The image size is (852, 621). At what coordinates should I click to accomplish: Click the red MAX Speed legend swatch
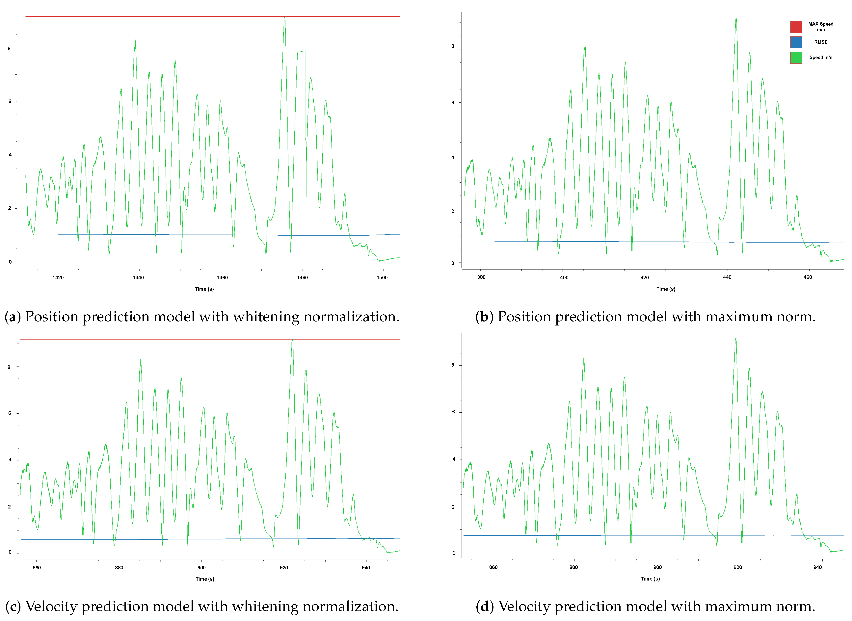click(x=796, y=27)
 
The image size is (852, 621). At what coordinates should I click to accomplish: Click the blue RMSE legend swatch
click(x=796, y=42)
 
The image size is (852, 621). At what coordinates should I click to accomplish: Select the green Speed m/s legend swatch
click(x=796, y=58)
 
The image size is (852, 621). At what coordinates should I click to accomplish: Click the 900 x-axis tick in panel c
click(x=201, y=568)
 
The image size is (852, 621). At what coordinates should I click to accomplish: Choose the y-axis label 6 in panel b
click(x=453, y=103)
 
